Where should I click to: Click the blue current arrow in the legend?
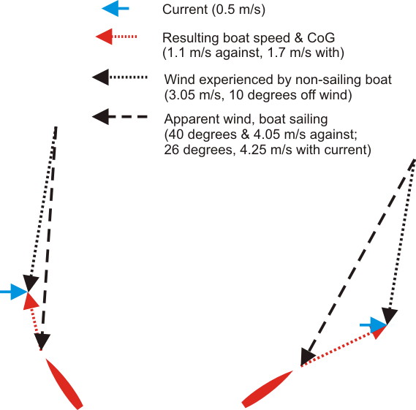click(x=116, y=9)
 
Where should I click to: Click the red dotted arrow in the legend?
click(x=116, y=37)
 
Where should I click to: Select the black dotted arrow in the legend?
click(x=120, y=77)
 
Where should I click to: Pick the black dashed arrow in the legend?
click(x=120, y=117)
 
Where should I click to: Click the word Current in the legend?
click(x=185, y=10)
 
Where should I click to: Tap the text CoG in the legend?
click(x=321, y=38)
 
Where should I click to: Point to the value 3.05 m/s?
click(x=195, y=95)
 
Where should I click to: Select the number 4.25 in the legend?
click(x=253, y=150)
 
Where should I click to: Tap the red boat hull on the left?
click(x=64, y=384)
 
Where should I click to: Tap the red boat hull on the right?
click(x=267, y=389)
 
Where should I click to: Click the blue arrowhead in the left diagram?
click(x=19, y=292)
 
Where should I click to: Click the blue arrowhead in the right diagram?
click(x=379, y=324)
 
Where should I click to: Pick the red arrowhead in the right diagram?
click(x=379, y=332)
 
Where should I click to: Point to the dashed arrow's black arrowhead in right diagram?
click(x=307, y=357)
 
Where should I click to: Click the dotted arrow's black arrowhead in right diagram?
click(x=389, y=316)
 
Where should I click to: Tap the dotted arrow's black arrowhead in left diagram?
click(x=31, y=284)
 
